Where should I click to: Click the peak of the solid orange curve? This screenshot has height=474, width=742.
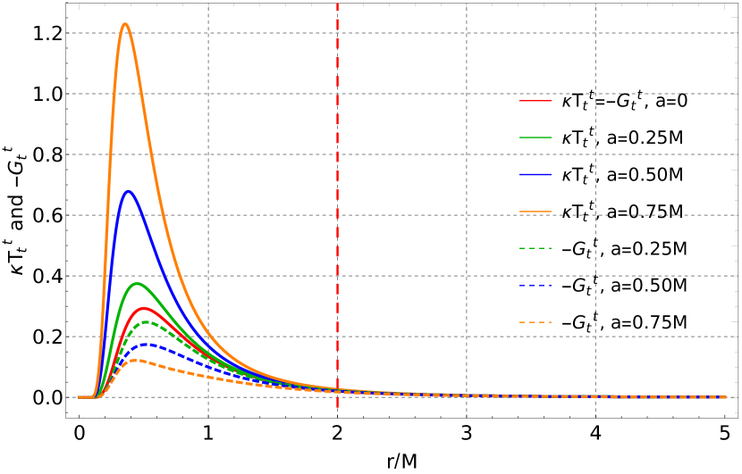tap(125, 24)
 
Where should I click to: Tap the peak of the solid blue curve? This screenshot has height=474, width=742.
tap(129, 191)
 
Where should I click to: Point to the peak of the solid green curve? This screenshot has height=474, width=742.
tap(137, 284)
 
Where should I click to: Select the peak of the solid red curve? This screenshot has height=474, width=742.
tap(143, 308)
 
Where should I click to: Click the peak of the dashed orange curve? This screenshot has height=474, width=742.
tap(133, 360)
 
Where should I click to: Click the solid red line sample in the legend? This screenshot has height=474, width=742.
tap(535, 101)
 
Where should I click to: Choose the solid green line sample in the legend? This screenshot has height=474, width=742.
tap(535, 137)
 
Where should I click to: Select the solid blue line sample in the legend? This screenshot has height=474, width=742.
tap(535, 174)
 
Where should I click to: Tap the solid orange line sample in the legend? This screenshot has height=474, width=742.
tap(535, 212)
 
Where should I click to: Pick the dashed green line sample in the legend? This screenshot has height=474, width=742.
tap(535, 248)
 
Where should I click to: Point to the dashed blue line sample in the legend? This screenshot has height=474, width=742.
tap(535, 286)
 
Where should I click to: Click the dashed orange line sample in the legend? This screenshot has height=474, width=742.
tap(535, 322)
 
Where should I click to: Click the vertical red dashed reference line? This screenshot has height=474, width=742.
tap(337, 179)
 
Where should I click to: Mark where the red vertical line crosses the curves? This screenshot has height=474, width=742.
tap(337, 390)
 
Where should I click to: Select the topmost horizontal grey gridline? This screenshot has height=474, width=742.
tap(402, 33)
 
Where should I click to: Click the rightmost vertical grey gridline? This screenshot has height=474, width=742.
tap(595, 179)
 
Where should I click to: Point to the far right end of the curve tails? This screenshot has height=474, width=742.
tap(725, 397)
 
